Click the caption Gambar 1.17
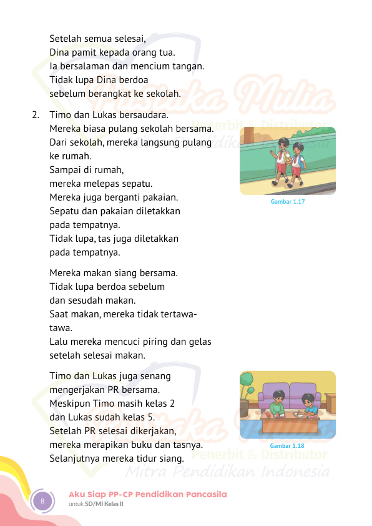pyautogui.click(x=287, y=202)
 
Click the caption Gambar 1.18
pyautogui.click(x=287, y=446)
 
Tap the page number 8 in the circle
pyautogui.click(x=42, y=501)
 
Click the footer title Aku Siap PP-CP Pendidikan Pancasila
pyautogui.click(x=147, y=494)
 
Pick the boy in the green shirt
pyautogui.click(x=278, y=405)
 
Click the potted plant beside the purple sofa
pyautogui.click(x=247, y=390)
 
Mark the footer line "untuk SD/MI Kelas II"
pyautogui.click(x=96, y=504)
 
